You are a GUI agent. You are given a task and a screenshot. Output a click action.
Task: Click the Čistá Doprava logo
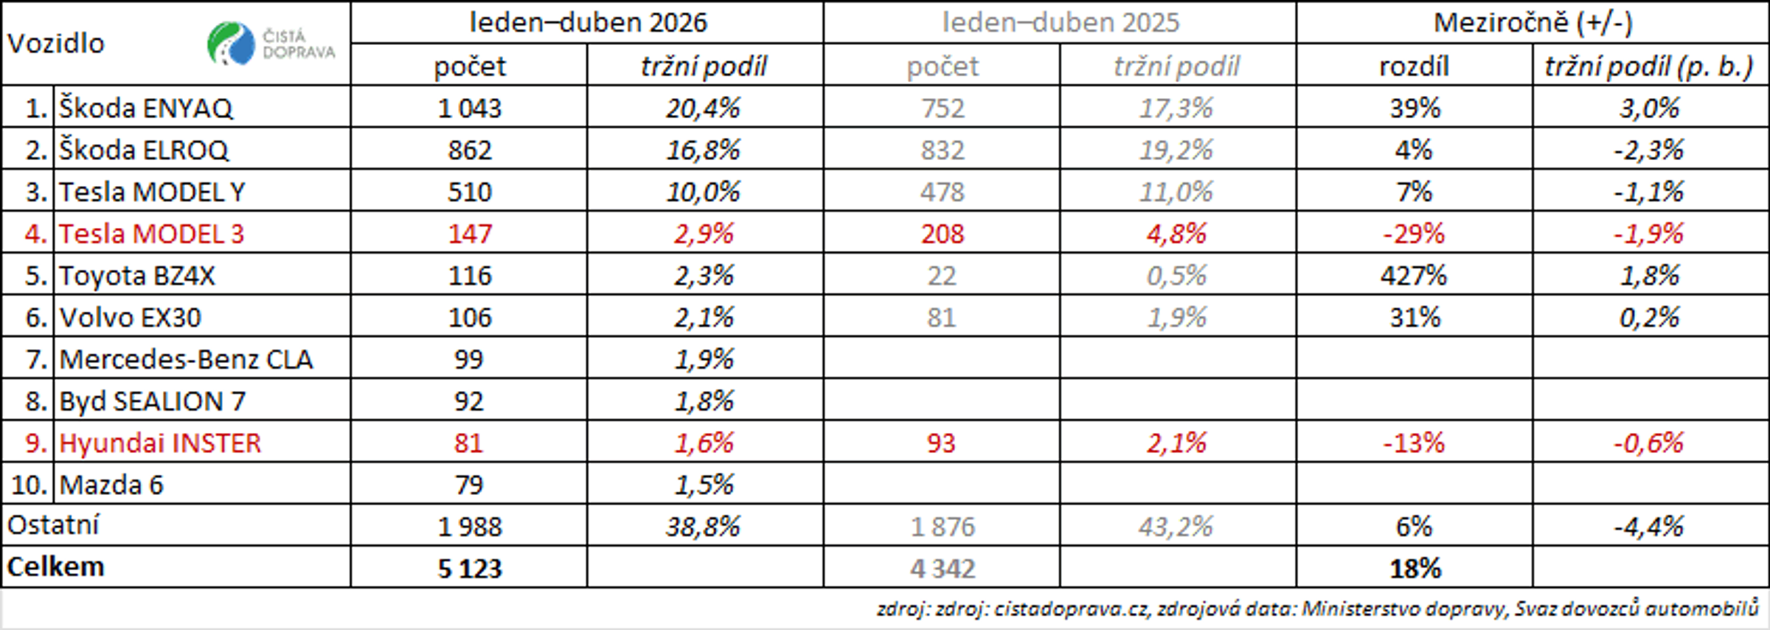coord(271,44)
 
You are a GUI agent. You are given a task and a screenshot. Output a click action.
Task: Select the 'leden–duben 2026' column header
coord(588,23)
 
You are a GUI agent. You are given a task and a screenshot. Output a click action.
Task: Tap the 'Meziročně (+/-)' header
coord(1533,23)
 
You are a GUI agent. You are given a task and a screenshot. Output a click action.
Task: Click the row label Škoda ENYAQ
coord(146,108)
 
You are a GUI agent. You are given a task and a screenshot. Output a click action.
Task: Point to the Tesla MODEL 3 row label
coord(151,234)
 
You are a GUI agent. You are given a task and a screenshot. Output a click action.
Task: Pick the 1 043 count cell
coord(470,108)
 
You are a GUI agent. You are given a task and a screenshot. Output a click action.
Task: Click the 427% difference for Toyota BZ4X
coord(1414,276)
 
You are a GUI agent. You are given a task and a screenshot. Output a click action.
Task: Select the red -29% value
coord(1414,234)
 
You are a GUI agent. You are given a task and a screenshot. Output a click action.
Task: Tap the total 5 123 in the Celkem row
coord(470,569)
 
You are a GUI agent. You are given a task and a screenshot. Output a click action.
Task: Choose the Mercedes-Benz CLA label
coord(186,359)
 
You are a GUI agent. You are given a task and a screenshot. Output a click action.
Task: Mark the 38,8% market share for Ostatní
coord(703,527)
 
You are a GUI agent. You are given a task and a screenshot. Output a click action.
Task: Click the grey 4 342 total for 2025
coord(943,569)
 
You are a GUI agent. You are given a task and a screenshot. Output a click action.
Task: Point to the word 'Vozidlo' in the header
coord(56,44)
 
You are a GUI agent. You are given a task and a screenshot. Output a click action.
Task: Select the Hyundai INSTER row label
coord(160,443)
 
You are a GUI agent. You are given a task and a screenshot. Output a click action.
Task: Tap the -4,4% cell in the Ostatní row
coord(1649,527)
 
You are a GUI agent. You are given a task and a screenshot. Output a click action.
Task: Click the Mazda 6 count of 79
coord(469,485)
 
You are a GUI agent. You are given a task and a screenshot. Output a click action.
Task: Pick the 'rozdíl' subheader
coord(1415,66)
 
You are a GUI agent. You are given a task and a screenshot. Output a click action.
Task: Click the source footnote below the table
coord(1318,609)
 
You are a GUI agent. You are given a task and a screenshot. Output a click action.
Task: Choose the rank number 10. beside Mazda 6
coord(29,485)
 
